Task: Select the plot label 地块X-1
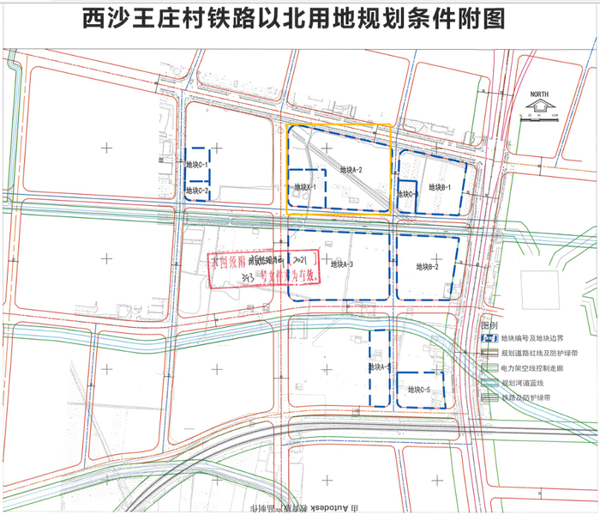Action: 305,186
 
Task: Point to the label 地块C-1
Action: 198,163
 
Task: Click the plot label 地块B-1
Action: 440,186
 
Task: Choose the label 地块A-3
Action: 340,264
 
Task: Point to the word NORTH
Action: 539,94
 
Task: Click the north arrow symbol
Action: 539,106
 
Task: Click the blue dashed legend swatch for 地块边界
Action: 489,339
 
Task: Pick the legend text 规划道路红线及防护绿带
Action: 537,354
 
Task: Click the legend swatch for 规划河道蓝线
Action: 489,383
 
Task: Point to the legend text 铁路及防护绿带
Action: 526,397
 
